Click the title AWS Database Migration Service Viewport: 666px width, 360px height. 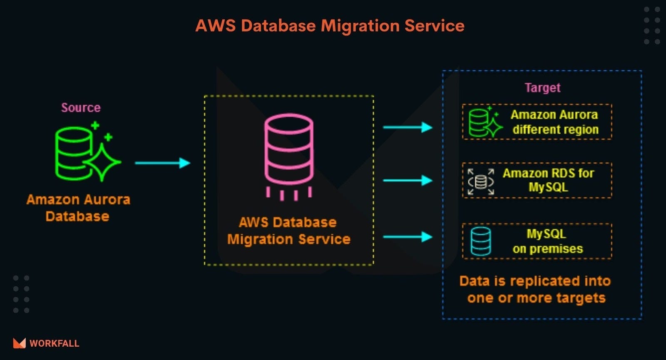coord(330,26)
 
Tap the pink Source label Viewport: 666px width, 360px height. coord(81,108)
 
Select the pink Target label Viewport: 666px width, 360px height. coord(542,88)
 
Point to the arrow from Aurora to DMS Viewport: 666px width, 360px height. coord(162,163)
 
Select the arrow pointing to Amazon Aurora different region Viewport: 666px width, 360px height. coord(408,127)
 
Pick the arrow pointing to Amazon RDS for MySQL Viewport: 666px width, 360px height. coord(408,180)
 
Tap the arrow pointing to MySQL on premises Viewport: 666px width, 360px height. coord(408,237)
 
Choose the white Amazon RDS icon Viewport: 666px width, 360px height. coord(481,182)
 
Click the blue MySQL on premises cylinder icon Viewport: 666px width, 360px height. coord(480,241)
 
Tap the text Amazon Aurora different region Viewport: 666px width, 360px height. coord(555,122)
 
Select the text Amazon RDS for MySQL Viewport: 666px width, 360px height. coord(548,180)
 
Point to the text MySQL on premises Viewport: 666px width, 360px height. coord(547,241)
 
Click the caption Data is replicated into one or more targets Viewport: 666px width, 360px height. coord(535,289)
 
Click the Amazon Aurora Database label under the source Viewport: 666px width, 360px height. coord(78,208)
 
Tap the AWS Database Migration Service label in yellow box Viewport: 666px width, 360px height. coord(288,231)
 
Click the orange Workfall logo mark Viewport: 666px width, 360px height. coord(19,343)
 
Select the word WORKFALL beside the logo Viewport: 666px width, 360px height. coord(54,343)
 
